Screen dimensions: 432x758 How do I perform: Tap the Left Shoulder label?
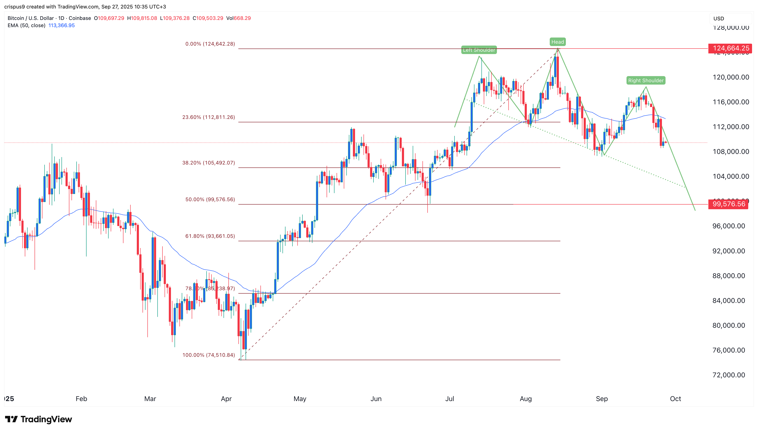pyautogui.click(x=479, y=50)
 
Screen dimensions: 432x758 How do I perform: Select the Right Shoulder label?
pyautogui.click(x=646, y=80)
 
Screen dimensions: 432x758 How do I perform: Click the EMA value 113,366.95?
pyautogui.click(x=62, y=25)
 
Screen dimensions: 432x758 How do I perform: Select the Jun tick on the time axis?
pyautogui.click(x=376, y=399)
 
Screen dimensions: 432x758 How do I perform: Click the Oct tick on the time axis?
pyautogui.click(x=675, y=399)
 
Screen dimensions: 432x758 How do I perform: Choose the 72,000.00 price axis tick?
pyautogui.click(x=729, y=375)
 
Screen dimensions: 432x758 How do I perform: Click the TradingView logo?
pyautogui.click(x=39, y=419)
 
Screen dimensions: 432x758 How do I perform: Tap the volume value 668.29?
pyautogui.click(x=242, y=18)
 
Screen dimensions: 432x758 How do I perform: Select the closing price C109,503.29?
pyautogui.click(x=208, y=18)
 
